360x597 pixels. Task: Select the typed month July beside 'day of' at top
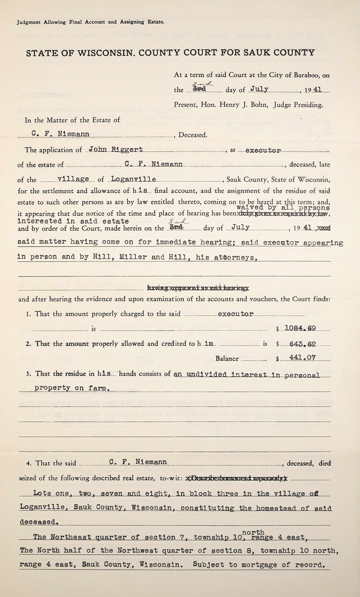[x=259, y=89]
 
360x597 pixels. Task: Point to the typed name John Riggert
[x=116, y=149]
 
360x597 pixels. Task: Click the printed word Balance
[x=227, y=359]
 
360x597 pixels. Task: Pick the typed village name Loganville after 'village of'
[x=134, y=179]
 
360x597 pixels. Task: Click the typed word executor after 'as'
[x=263, y=150]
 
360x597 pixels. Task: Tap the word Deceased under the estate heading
[x=193, y=135]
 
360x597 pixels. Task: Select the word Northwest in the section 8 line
[x=125, y=551]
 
